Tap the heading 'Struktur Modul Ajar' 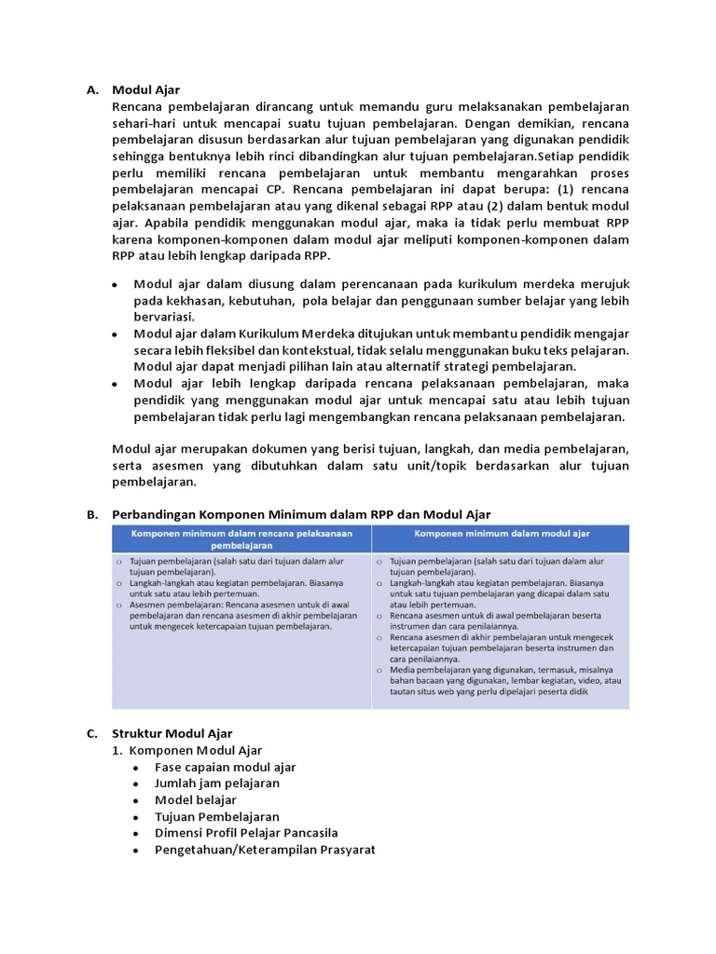click(172, 733)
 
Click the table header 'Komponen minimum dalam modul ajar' click(501, 534)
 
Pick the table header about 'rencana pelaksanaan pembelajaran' click(241, 538)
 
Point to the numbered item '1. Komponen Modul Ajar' click(187, 750)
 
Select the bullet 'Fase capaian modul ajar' click(225, 767)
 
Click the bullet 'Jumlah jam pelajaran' click(216, 784)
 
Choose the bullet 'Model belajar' click(195, 800)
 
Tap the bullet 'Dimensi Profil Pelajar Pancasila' click(246, 833)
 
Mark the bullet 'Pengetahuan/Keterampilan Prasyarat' click(265, 850)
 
